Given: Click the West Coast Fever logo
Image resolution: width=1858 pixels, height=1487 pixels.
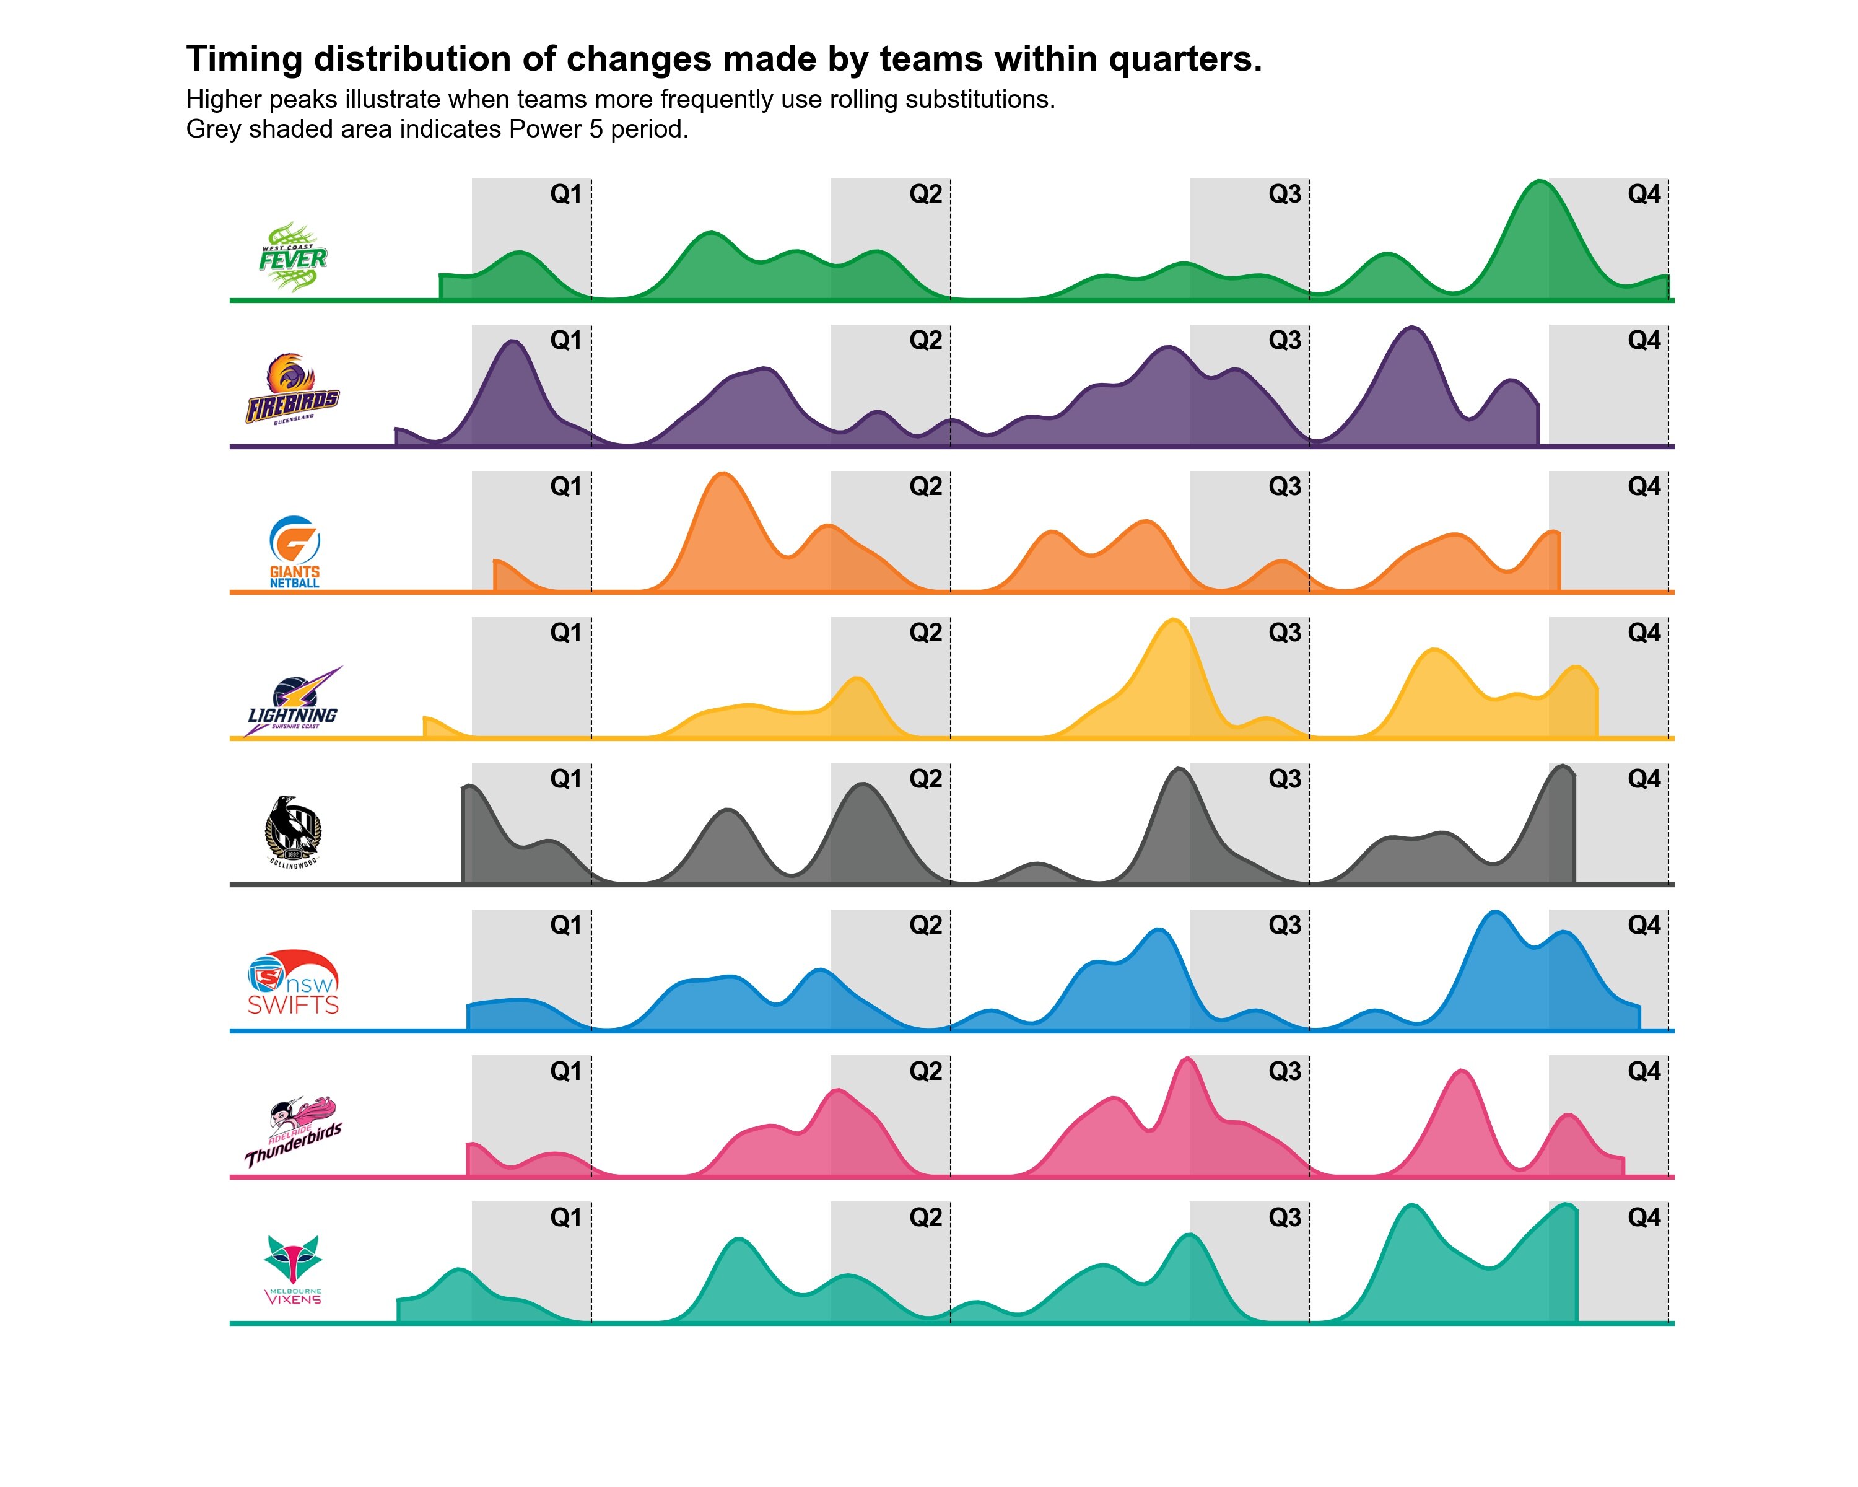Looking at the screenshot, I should tap(293, 257).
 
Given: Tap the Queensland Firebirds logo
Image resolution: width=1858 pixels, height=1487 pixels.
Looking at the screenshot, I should tap(293, 390).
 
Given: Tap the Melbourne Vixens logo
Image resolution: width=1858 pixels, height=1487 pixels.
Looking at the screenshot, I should tap(293, 1270).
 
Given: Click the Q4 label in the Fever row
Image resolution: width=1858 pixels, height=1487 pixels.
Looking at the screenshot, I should tap(1644, 194).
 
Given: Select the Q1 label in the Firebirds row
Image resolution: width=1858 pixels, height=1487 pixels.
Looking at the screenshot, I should tap(566, 341).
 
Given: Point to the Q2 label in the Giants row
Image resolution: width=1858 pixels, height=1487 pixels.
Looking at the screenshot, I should tap(925, 487).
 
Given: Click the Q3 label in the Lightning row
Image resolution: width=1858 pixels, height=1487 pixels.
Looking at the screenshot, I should tap(1284, 633).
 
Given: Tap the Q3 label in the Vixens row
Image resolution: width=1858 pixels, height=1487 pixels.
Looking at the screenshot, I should tap(1284, 1217).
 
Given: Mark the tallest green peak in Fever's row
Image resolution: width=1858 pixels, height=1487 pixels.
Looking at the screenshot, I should tap(1540, 183).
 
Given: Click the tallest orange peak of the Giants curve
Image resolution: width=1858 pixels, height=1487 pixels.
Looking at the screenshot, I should tap(724, 475).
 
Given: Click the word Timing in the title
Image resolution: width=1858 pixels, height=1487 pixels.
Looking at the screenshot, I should tap(244, 59).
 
